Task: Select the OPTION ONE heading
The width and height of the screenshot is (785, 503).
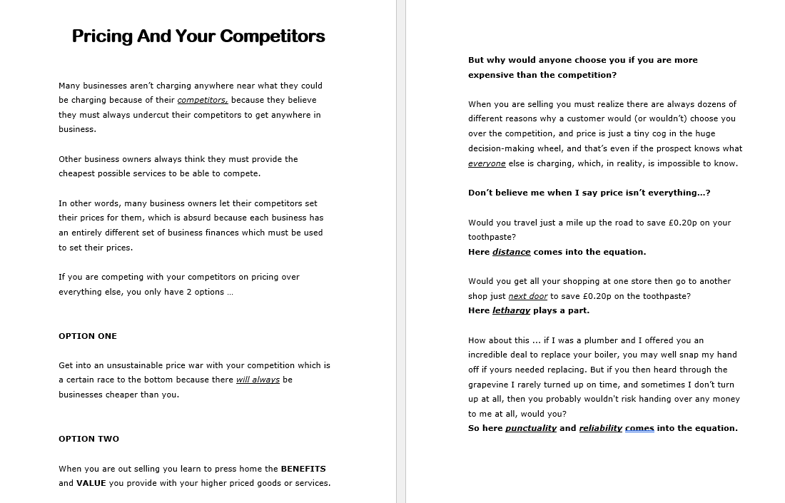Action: pyautogui.click(x=88, y=336)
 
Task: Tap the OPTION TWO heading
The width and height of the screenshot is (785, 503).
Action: pyautogui.click(x=88, y=439)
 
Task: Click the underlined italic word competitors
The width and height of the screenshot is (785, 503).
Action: pyautogui.click(x=203, y=100)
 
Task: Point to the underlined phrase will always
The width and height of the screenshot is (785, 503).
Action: pyautogui.click(x=258, y=380)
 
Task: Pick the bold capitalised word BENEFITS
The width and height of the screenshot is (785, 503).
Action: pyautogui.click(x=303, y=469)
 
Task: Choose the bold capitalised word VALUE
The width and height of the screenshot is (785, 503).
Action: pyautogui.click(x=91, y=483)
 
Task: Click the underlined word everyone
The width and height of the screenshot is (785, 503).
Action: pyautogui.click(x=487, y=163)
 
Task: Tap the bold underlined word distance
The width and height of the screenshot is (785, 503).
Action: pyautogui.click(x=511, y=252)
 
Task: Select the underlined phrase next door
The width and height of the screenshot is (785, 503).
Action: pyautogui.click(x=528, y=296)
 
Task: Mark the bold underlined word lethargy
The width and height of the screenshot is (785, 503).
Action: pyautogui.click(x=511, y=310)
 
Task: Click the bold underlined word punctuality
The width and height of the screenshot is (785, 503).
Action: pyautogui.click(x=530, y=428)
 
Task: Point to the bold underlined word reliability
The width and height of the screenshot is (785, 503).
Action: pyautogui.click(x=600, y=428)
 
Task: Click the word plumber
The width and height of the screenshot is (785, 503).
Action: pyautogui.click(x=600, y=340)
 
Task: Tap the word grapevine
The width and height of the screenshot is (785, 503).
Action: pyautogui.click(x=490, y=385)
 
